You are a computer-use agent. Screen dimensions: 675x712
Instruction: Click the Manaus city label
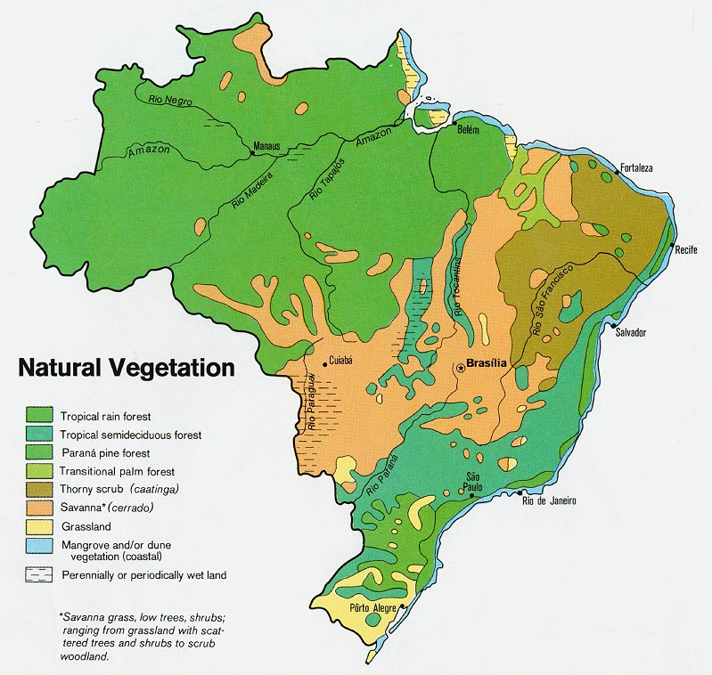pyautogui.click(x=266, y=145)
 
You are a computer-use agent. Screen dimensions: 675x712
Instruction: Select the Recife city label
pyautogui.click(x=686, y=248)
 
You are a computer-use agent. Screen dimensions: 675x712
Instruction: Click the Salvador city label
pyautogui.click(x=630, y=332)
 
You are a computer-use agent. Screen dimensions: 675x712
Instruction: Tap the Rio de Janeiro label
pyautogui.click(x=548, y=500)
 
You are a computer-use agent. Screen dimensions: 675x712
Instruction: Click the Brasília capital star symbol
pyautogui.click(x=460, y=365)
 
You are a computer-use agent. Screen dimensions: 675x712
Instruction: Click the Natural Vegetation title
pyautogui.click(x=127, y=368)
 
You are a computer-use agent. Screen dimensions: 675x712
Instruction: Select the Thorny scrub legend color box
pyautogui.click(x=39, y=489)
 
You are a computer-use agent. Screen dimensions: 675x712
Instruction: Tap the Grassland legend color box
pyautogui.click(x=39, y=525)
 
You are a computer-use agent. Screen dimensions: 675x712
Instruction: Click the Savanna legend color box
pyautogui.click(x=39, y=507)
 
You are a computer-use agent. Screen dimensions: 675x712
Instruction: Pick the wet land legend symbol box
pyautogui.click(x=39, y=574)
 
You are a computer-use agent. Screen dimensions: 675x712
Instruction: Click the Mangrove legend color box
pyautogui.click(x=39, y=544)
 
